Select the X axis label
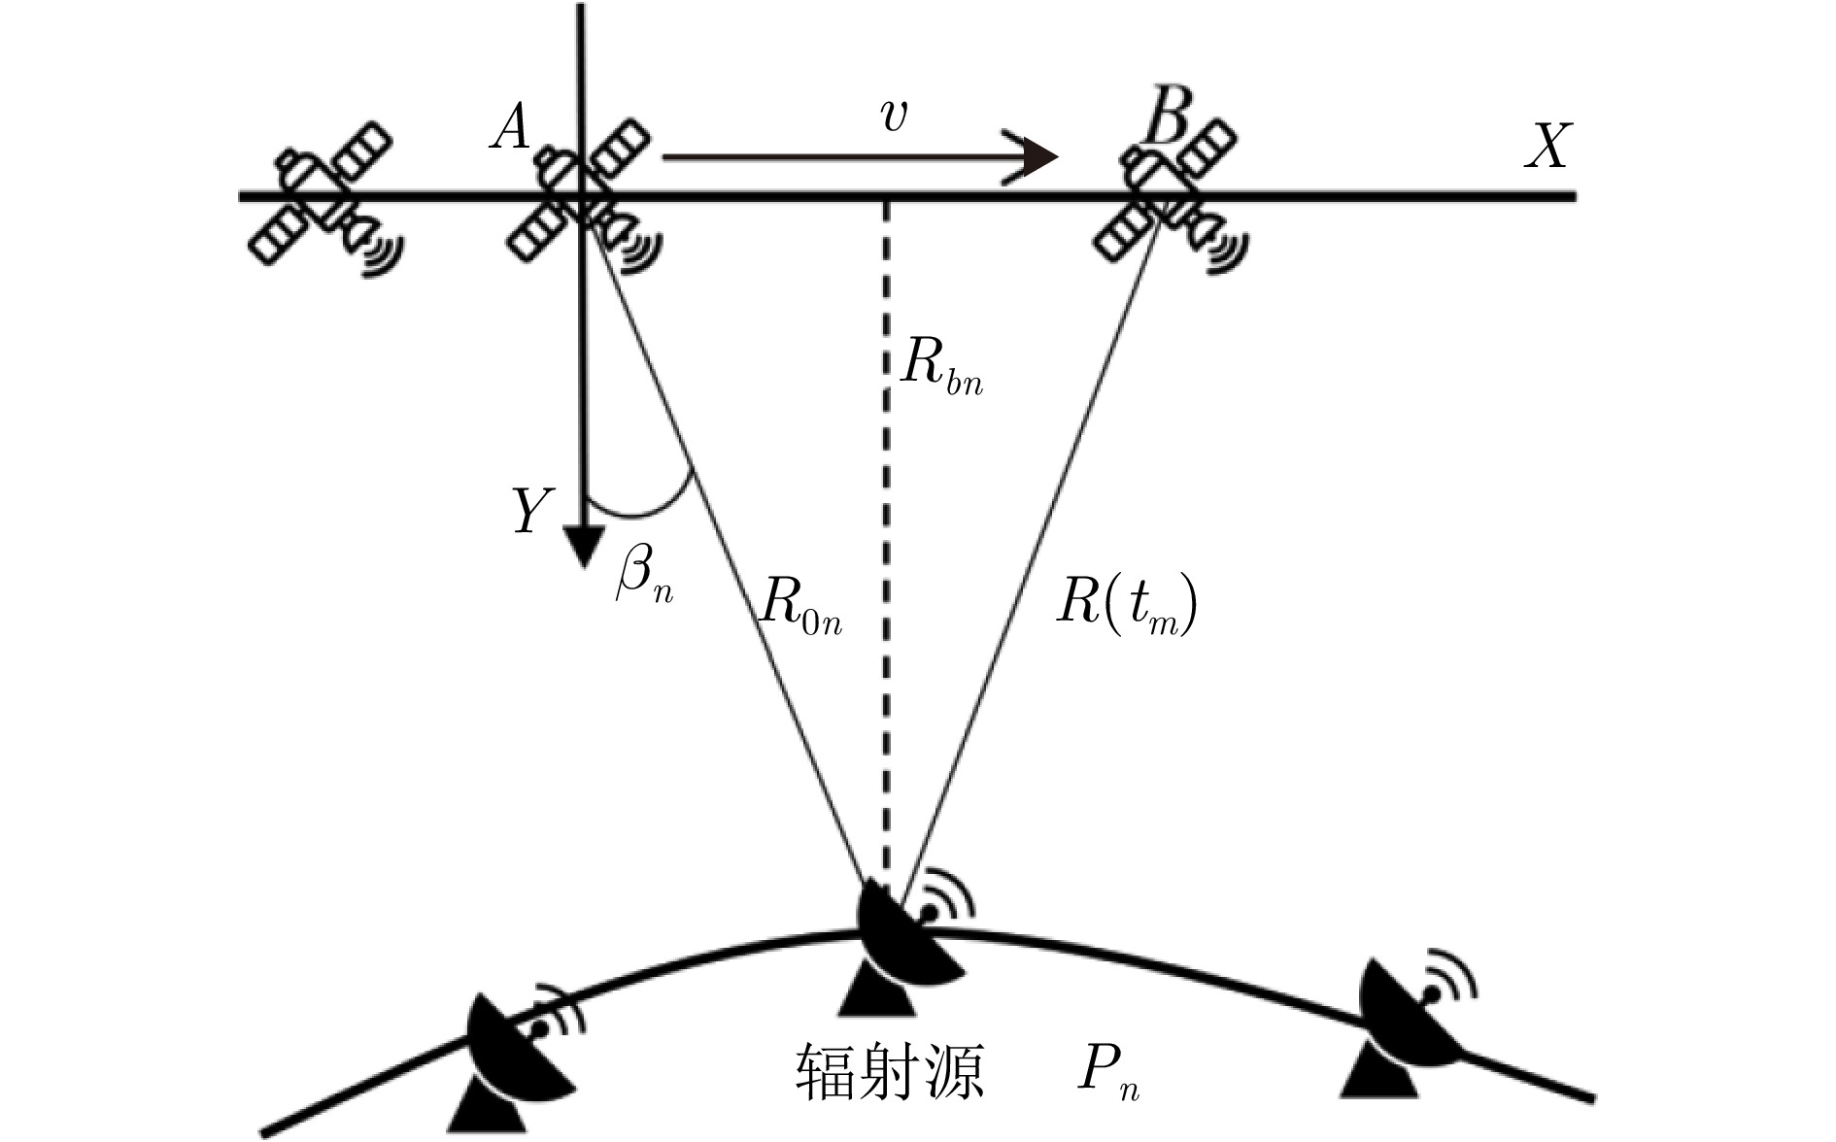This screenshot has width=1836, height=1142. pyautogui.click(x=1546, y=148)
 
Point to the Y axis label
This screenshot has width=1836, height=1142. pyautogui.click(x=532, y=511)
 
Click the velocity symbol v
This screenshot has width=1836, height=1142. pyautogui.click(x=892, y=117)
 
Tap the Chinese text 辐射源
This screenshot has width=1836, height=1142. pyautogui.click(x=889, y=1071)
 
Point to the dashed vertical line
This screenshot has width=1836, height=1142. pyautogui.click(x=885, y=544)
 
